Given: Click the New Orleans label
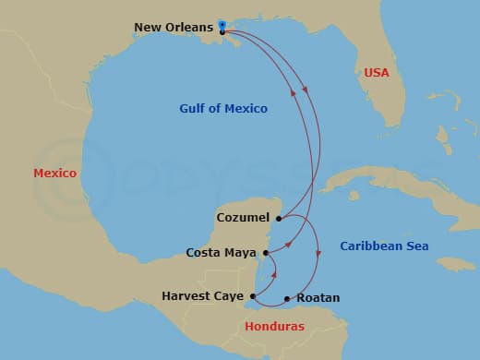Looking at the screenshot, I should (x=174, y=28).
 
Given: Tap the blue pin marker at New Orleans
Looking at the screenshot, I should (x=222, y=24).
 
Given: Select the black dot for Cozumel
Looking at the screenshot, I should (x=278, y=218).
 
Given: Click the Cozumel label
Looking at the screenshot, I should (x=243, y=218).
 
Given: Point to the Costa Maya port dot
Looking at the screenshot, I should (x=266, y=252).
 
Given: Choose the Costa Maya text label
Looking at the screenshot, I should (x=222, y=252).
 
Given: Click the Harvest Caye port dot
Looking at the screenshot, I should (x=253, y=296).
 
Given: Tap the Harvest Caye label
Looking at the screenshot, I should (x=203, y=296).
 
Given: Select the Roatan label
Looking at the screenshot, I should (x=318, y=298).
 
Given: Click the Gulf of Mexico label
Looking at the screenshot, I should (x=223, y=109).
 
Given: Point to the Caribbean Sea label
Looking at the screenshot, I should (x=384, y=246).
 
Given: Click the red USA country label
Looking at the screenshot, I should (x=377, y=72).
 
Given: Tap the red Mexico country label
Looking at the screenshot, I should (x=55, y=174).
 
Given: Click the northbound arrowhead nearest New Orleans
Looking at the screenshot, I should (x=294, y=91).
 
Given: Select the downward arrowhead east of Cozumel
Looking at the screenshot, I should (x=318, y=253).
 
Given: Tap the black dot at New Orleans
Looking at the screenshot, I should (x=223, y=32).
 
